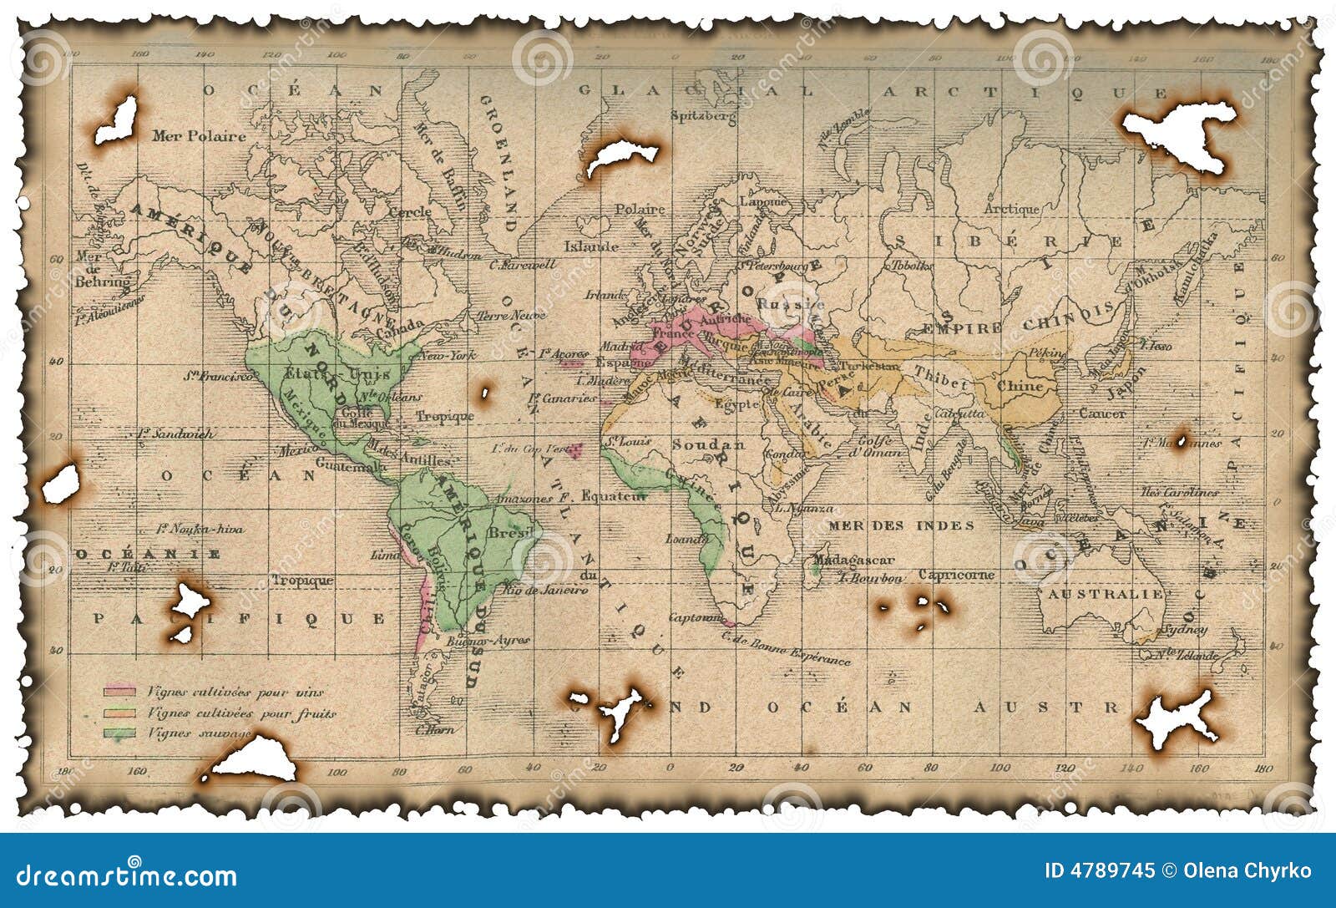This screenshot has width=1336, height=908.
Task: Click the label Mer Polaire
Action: click(199, 136)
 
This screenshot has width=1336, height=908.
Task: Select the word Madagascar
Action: click(853, 560)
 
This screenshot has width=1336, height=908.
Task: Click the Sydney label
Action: click(1184, 630)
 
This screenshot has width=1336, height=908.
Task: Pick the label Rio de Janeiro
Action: click(547, 590)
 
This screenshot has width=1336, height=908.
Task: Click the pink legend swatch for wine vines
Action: click(119, 692)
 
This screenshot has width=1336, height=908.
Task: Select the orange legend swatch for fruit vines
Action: click(119, 713)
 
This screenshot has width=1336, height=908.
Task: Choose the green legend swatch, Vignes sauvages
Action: click(119, 733)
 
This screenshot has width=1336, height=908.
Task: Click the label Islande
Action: click(591, 246)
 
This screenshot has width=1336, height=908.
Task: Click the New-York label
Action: click(447, 356)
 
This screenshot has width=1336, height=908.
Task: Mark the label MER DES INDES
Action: click(901, 525)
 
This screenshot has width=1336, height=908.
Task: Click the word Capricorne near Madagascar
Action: click(956, 575)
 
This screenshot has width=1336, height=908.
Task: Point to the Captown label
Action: click(696, 618)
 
